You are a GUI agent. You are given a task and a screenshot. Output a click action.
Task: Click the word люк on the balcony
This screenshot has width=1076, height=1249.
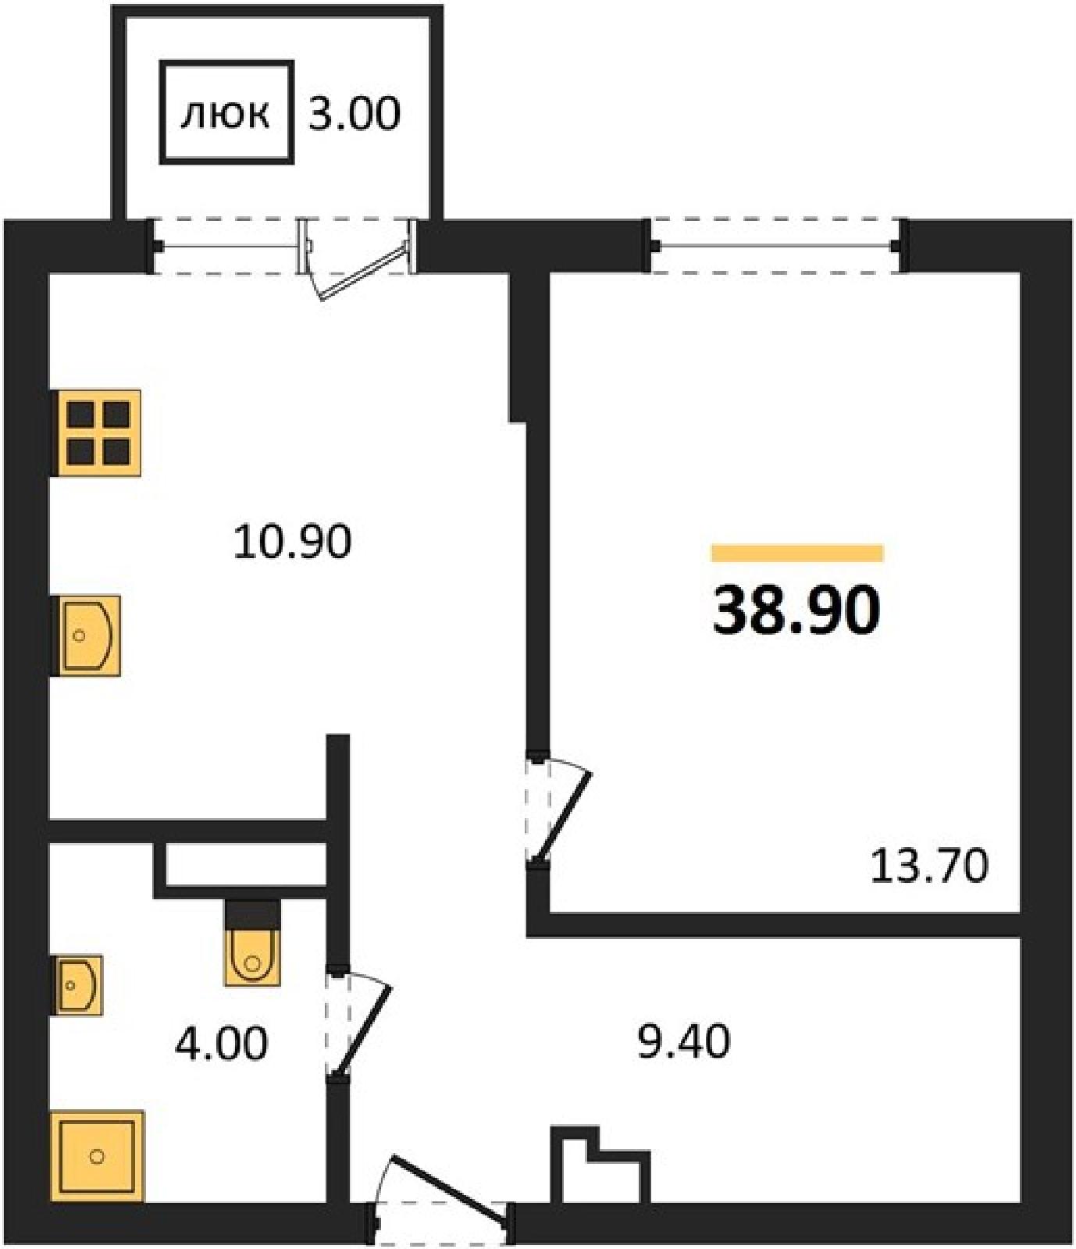226,115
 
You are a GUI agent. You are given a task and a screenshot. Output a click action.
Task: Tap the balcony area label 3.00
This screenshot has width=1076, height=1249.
355,114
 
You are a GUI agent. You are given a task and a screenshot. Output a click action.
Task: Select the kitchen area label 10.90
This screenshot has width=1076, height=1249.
293,542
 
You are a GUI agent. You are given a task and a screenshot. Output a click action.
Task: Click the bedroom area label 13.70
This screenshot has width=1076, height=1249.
929,866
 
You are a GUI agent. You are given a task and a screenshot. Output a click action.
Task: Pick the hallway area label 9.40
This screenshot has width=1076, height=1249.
684,1041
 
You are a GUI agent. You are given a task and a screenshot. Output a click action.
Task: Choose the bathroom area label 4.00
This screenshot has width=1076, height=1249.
221,1043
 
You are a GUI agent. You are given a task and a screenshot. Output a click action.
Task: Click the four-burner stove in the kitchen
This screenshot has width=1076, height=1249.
96,433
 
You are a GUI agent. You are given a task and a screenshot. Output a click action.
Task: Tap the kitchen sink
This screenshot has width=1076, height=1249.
86,635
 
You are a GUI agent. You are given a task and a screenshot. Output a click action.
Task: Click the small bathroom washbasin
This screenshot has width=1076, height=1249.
77,985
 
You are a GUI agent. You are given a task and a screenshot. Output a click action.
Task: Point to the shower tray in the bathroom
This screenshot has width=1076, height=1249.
98,1156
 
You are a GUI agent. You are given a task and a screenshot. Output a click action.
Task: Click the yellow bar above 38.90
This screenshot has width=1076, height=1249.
797,553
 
